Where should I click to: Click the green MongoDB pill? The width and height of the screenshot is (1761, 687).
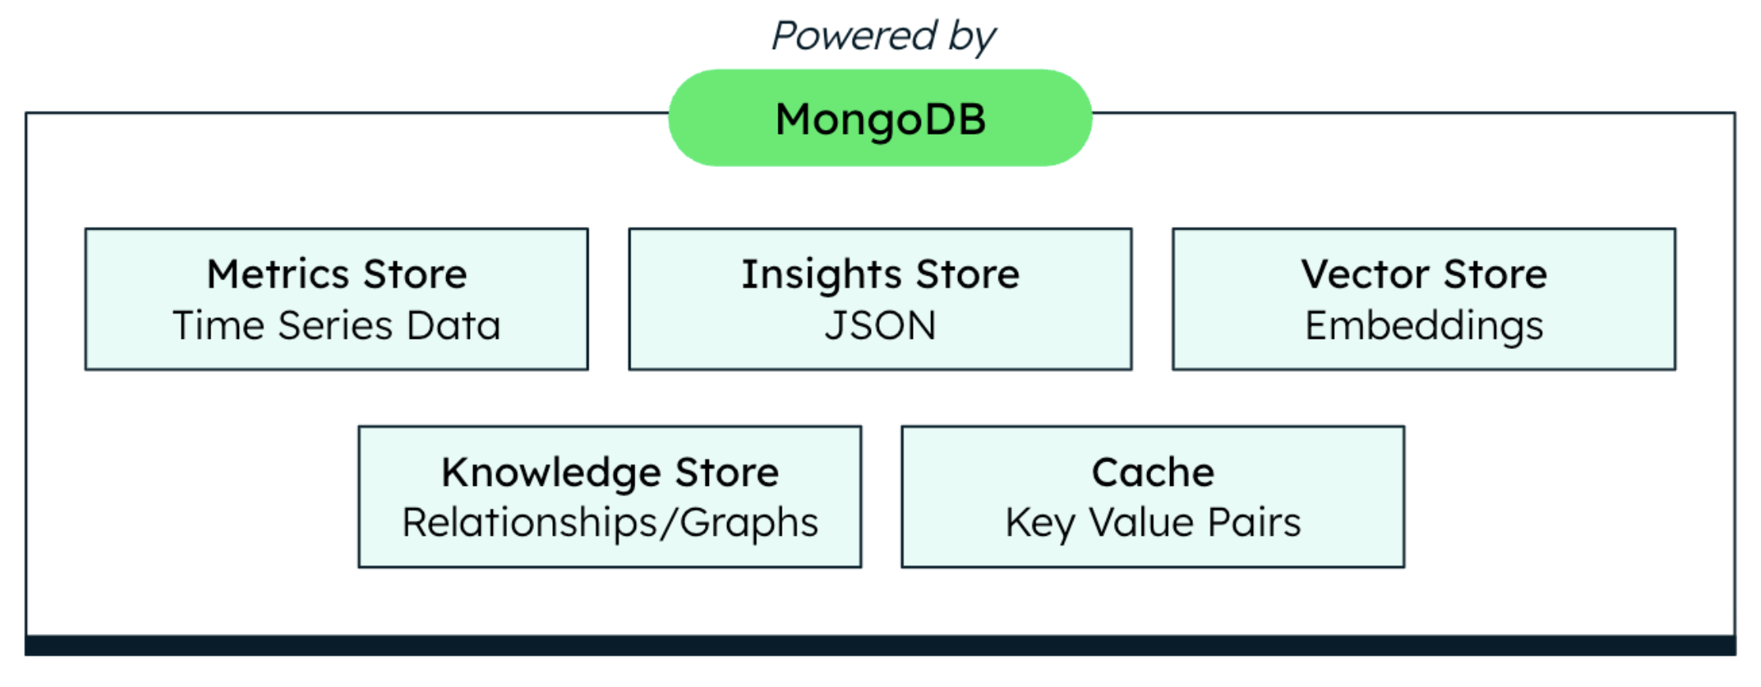coord(880,118)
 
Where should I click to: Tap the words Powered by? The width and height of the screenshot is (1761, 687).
coord(883,37)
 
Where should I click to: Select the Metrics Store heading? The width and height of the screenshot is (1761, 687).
coord(337,274)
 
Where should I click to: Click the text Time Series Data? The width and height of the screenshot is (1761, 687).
coord(337,325)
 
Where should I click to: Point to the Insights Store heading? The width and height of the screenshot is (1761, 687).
coord(880,275)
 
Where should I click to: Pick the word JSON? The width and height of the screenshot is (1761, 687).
coord(880,325)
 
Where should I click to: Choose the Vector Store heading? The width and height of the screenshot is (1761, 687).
coord(1424,274)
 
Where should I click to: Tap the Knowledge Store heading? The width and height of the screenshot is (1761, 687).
coord(610,473)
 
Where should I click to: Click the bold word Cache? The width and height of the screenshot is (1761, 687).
coord(1153,473)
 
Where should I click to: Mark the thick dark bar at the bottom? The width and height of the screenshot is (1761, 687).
coord(880,645)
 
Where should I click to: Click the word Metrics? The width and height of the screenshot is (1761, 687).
coord(278,274)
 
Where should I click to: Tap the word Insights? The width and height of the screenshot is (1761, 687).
coord(821,275)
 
